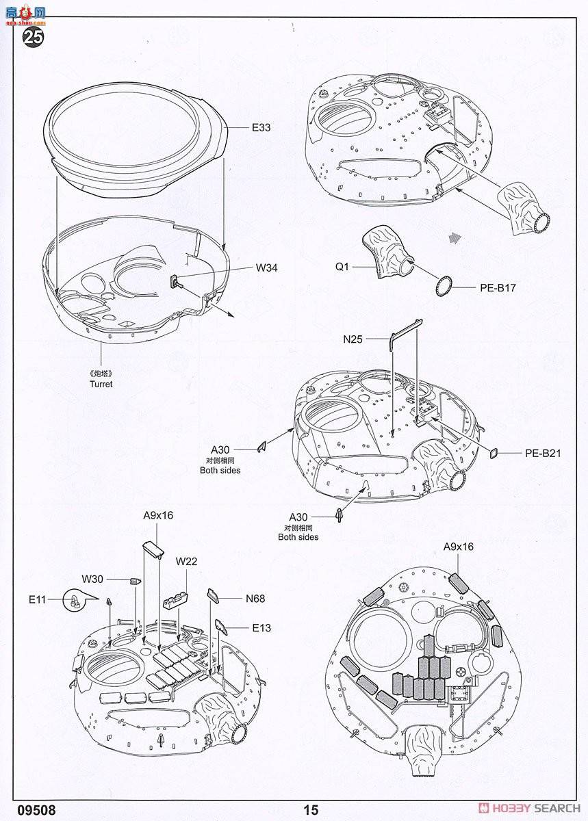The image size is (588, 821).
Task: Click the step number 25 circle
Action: coord(34,36)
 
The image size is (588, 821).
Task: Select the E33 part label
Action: coord(261,127)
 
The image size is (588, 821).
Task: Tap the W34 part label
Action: coord(267,268)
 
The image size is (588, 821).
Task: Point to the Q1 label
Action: coord(342,267)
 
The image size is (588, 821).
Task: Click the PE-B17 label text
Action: coord(497,288)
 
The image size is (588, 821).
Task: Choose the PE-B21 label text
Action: coord(543,453)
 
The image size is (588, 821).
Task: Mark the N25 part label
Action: coord(353,339)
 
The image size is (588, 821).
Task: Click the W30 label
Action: coord(92,579)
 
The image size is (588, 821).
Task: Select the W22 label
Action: coord(186,562)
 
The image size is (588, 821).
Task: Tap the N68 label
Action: coord(255,598)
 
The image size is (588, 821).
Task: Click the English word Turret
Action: coord(101,384)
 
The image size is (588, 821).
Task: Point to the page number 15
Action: coord(311,810)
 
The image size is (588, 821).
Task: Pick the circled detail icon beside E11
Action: coord(75,600)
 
